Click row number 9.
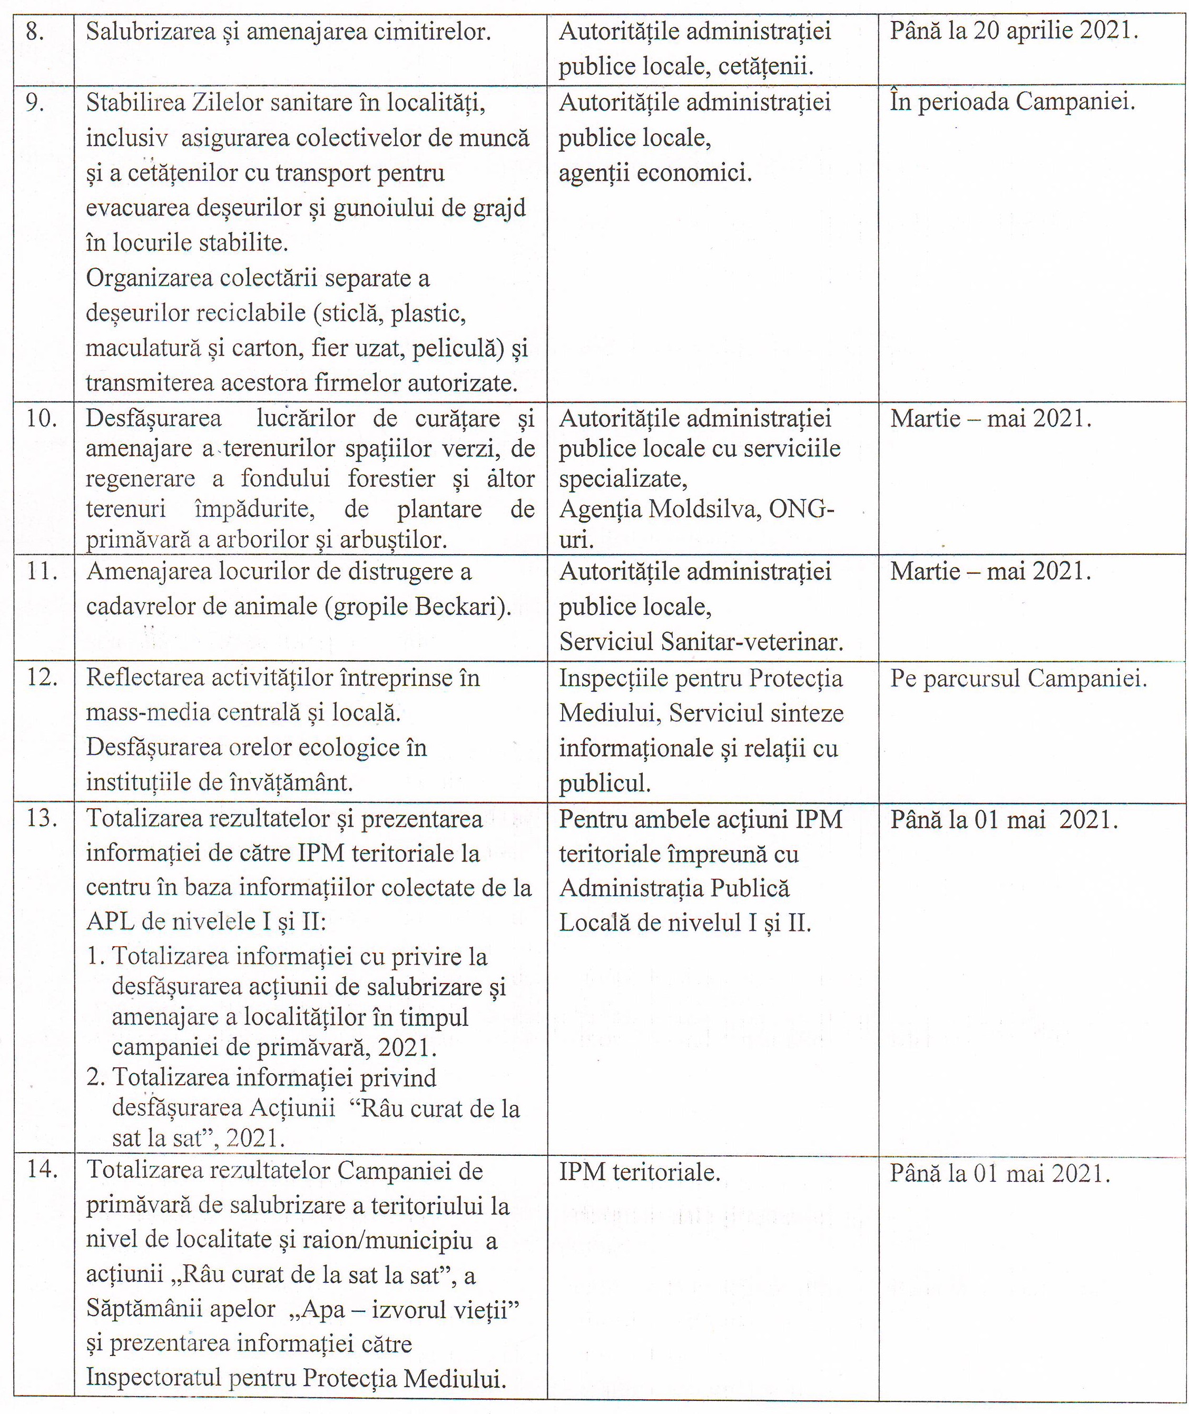[35, 103]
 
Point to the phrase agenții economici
[655, 174]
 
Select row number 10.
[41, 418]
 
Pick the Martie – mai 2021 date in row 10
[990, 418]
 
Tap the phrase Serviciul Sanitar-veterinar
[701, 642]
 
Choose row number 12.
[41, 677]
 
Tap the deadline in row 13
[1004, 820]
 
